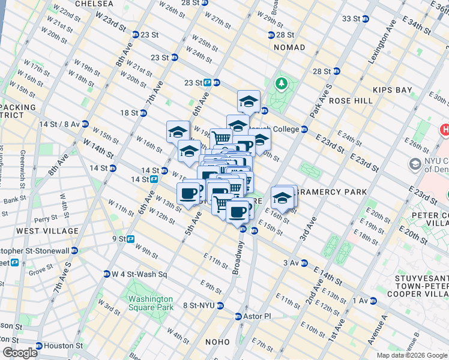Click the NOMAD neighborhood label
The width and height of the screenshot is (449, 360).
289,47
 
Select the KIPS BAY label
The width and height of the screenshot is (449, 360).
393,90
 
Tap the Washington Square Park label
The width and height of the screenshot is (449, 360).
150,303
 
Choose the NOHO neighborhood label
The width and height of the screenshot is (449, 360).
217,342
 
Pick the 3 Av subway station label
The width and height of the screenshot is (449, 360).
291,263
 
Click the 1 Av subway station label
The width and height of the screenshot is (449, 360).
361,300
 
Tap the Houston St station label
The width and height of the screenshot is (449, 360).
64,346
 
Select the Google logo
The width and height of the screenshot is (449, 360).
20,352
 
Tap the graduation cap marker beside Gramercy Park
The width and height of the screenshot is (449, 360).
283,197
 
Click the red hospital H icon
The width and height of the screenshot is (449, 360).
445,130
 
